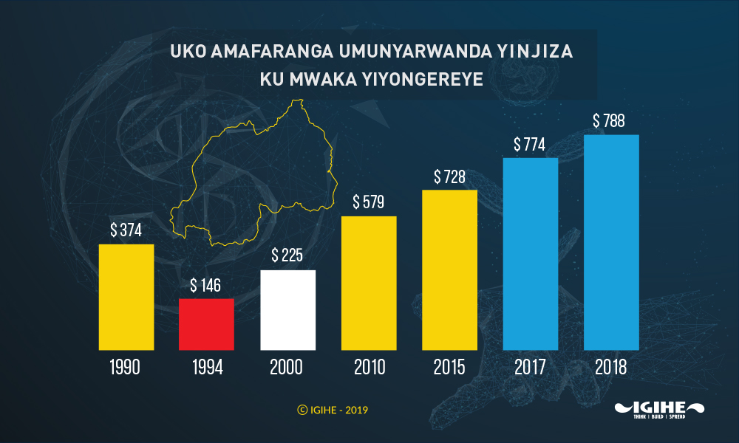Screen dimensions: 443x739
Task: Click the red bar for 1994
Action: (x=206, y=324)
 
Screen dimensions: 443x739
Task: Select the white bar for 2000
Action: (x=288, y=310)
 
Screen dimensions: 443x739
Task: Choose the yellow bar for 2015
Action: (x=449, y=269)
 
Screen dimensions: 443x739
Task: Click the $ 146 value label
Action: (x=206, y=286)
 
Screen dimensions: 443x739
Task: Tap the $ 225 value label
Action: (x=287, y=256)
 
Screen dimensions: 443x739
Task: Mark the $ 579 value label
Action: (x=369, y=202)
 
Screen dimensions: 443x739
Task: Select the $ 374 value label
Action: (x=126, y=230)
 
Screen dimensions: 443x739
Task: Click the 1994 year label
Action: (x=206, y=367)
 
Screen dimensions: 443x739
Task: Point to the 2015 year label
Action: (x=449, y=367)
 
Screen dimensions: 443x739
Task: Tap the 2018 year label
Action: (x=611, y=367)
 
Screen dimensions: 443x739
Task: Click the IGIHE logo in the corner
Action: (x=659, y=409)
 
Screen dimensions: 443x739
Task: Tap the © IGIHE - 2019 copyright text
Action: (x=333, y=409)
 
